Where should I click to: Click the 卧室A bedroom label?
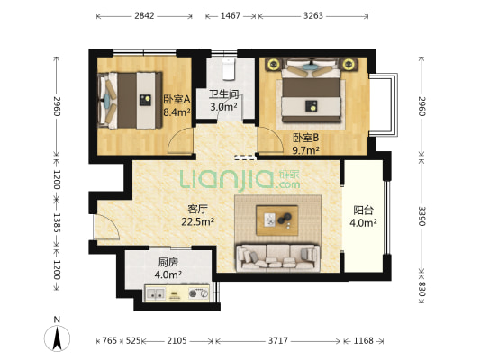pos(177,99)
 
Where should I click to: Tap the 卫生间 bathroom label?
pos(223,94)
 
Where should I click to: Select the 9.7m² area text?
pos(306,150)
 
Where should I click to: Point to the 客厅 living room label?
pos(197,209)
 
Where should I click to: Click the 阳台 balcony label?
pos(363,211)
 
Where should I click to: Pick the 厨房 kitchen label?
pos(168,262)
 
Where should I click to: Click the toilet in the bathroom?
pos(228,69)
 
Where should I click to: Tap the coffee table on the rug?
pos(277,220)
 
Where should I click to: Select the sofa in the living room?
pos(278,257)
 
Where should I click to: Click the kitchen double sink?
pos(156,294)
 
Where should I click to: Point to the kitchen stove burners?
pos(198,293)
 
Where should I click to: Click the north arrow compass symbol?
pos(57,338)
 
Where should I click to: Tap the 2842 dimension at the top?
pos(144,15)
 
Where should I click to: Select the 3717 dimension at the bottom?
pos(278,340)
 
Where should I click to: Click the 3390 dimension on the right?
pos(421,216)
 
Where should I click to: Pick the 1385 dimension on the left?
pos(57,222)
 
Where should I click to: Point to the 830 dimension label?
pos(421,289)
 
